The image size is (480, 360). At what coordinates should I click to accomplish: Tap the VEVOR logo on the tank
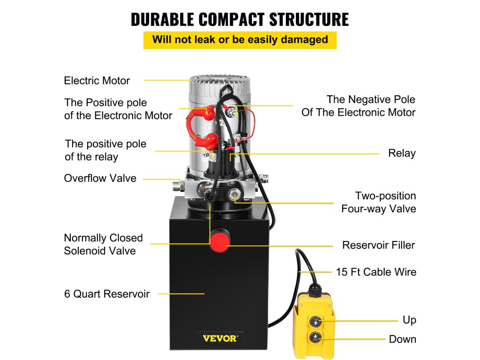point(220,337)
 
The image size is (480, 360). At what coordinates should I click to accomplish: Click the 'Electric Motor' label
point(97,81)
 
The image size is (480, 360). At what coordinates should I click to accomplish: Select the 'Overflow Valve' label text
point(100,178)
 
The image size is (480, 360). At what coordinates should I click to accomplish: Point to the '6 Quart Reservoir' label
point(107,294)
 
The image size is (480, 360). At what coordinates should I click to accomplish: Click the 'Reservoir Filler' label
point(378,245)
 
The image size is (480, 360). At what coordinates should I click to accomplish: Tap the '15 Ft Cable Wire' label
point(376,272)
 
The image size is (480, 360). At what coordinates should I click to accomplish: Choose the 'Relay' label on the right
point(402,153)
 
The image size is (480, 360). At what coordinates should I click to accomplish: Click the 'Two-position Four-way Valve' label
point(379,202)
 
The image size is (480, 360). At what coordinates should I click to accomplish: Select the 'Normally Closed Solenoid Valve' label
point(103,244)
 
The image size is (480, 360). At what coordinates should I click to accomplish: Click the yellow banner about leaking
point(240,39)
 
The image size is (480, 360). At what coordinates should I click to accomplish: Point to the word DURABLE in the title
point(162,19)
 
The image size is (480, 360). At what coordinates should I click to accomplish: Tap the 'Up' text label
point(409,320)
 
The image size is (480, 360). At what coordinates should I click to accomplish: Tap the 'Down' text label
point(402,339)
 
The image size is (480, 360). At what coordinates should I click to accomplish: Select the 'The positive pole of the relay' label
point(105,150)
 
